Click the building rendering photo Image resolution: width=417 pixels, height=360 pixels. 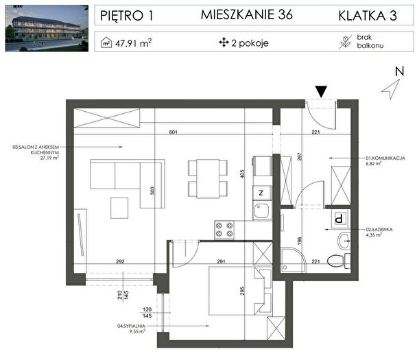47,28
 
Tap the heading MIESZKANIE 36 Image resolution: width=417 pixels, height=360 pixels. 246,14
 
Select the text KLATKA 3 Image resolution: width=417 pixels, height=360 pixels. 368,16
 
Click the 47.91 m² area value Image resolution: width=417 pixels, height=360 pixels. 133,43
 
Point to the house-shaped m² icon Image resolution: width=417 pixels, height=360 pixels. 106,43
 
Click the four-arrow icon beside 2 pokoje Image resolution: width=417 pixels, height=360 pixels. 224,43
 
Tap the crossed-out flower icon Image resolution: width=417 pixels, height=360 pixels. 346,43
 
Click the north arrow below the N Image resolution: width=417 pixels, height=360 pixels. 391,89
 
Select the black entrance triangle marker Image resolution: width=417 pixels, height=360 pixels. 321,92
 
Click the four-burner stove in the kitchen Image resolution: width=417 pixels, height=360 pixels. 224,230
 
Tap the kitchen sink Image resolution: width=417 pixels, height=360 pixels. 262,211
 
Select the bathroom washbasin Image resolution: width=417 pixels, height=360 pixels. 344,241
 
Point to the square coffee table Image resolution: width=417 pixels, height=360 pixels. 119,208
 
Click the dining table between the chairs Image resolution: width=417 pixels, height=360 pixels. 208,179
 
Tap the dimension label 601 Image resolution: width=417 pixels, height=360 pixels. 173,132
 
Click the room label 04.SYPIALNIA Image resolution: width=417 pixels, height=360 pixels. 132,326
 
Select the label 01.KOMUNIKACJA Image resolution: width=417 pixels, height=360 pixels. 385,158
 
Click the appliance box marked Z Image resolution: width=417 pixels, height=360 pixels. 262,193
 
